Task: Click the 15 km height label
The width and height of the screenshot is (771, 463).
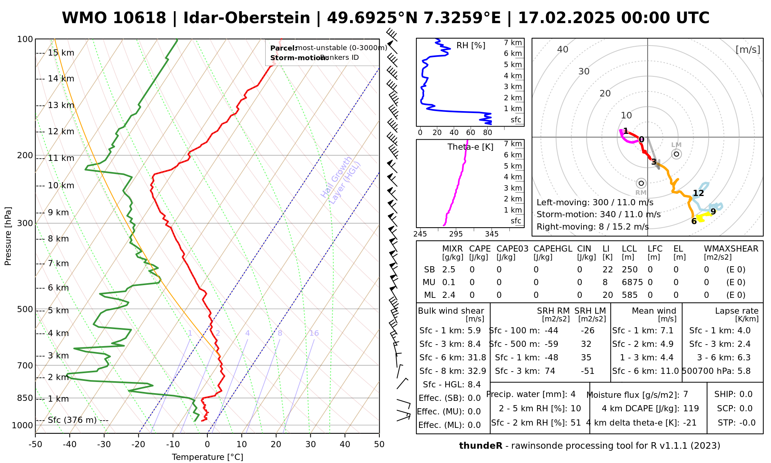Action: pyautogui.click(x=61, y=53)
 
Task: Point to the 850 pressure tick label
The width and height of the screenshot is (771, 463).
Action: pyautogui.click(x=25, y=398)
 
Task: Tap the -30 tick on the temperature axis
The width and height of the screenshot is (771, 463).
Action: pyautogui.click(x=104, y=444)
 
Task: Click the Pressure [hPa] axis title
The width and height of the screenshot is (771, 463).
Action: pyautogui.click(x=8, y=236)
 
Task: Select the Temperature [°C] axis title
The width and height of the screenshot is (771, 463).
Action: pyautogui.click(x=207, y=457)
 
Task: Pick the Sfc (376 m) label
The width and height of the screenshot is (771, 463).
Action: pyautogui.click(x=72, y=420)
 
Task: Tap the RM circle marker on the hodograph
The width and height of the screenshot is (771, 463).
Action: pyautogui.click(x=641, y=183)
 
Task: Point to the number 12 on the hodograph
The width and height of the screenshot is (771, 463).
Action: pyautogui.click(x=698, y=193)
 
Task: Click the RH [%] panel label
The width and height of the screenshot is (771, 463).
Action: pyautogui.click(x=471, y=46)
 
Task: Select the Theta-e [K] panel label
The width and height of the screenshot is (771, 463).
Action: pyautogui.click(x=470, y=147)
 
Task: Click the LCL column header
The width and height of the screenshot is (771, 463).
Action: pyautogui.click(x=629, y=249)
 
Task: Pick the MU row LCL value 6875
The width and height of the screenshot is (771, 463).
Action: pyautogui.click(x=632, y=282)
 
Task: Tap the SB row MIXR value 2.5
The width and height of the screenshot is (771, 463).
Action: pyautogui.click(x=449, y=270)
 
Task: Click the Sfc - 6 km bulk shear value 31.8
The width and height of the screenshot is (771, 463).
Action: pyautogui.click(x=477, y=358)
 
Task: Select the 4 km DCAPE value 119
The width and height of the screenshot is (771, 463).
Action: pyautogui.click(x=691, y=409)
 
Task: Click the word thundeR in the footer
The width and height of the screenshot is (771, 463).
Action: pyautogui.click(x=481, y=446)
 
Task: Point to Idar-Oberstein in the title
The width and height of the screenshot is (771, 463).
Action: pyautogui.click(x=247, y=18)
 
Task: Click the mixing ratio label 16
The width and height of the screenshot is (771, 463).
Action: pyautogui.click(x=314, y=333)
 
